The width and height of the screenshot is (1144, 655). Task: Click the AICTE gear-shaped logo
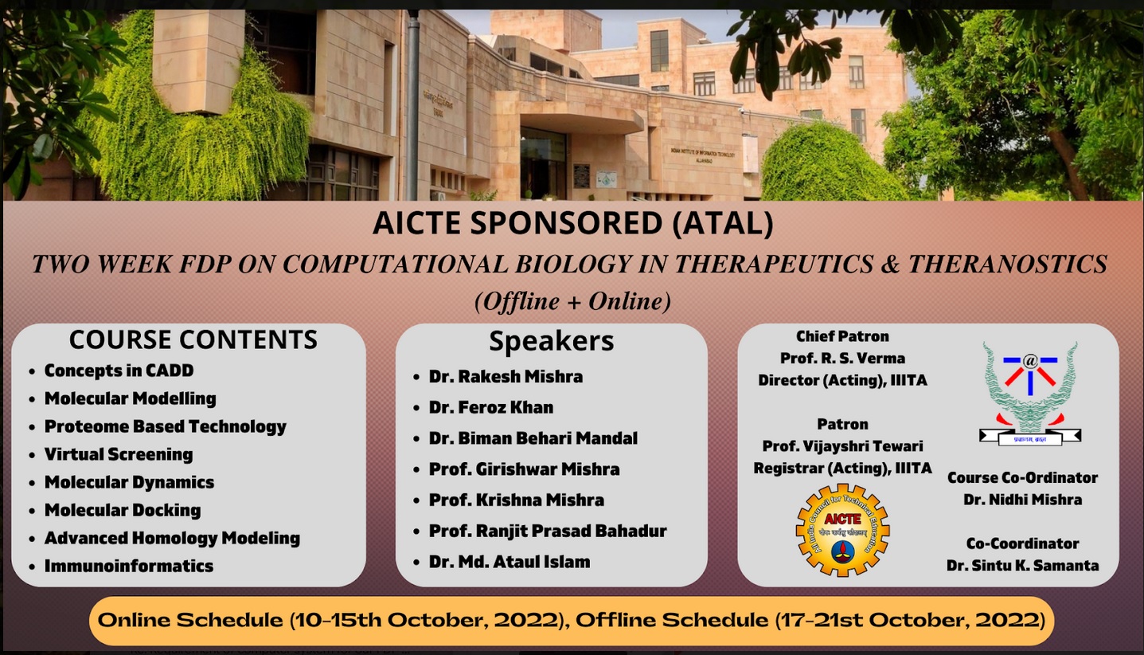coord(842,529)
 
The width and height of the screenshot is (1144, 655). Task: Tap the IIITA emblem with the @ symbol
coord(1029,392)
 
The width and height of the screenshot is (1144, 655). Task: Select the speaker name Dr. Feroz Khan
coord(490,407)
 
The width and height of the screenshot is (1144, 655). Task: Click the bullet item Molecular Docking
coord(122,510)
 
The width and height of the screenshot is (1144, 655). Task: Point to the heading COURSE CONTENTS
coord(193,339)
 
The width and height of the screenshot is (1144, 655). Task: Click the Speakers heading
coord(551,341)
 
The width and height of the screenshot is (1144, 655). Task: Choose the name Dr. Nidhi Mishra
coord(1022,500)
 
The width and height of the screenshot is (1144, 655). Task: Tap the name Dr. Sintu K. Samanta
coord(1022,565)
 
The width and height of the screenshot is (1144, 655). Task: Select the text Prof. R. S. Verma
coord(842,359)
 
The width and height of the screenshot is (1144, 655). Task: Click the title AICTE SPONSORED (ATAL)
coord(572,224)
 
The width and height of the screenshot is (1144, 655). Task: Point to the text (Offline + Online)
coord(572,301)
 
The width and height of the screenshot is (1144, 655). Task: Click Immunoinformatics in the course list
coord(128,566)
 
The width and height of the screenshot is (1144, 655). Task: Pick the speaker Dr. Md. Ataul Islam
coord(510,562)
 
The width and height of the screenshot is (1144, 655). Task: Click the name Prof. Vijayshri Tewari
coord(842,446)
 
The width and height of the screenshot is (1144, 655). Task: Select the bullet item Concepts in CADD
coord(119,371)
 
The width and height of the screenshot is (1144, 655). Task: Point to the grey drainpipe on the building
coord(412,104)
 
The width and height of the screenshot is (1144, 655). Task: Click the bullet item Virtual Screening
coord(118,454)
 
